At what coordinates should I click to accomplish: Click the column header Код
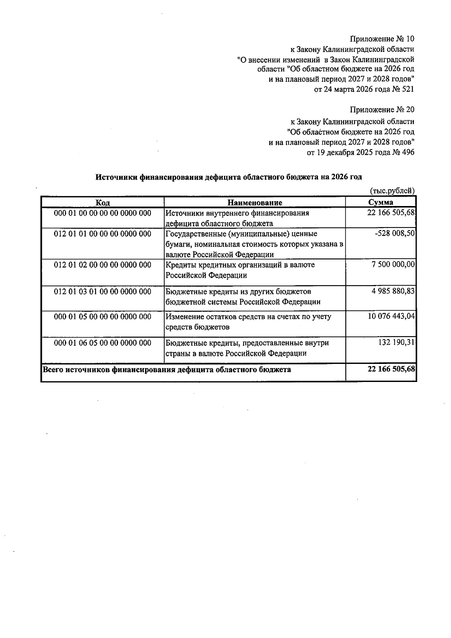(x=102, y=203)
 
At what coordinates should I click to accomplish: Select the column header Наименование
(x=255, y=203)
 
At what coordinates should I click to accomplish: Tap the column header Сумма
(x=381, y=203)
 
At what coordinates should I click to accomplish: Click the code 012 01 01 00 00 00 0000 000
(x=103, y=234)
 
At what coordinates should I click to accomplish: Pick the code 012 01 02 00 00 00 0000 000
(x=103, y=265)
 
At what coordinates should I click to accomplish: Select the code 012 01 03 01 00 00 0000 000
(x=103, y=291)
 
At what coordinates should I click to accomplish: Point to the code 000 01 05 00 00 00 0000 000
(x=103, y=317)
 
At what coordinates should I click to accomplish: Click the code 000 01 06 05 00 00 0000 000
(x=103, y=343)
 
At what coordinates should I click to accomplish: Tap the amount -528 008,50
(x=395, y=233)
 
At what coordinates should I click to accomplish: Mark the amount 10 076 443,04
(x=391, y=317)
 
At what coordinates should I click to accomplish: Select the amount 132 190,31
(x=397, y=343)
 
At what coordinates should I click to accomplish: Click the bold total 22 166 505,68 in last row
(x=391, y=369)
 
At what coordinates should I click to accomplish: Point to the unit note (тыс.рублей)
(x=392, y=191)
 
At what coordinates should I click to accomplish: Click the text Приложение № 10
(x=382, y=39)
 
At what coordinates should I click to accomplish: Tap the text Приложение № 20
(x=382, y=110)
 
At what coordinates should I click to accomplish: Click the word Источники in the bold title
(x=116, y=177)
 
